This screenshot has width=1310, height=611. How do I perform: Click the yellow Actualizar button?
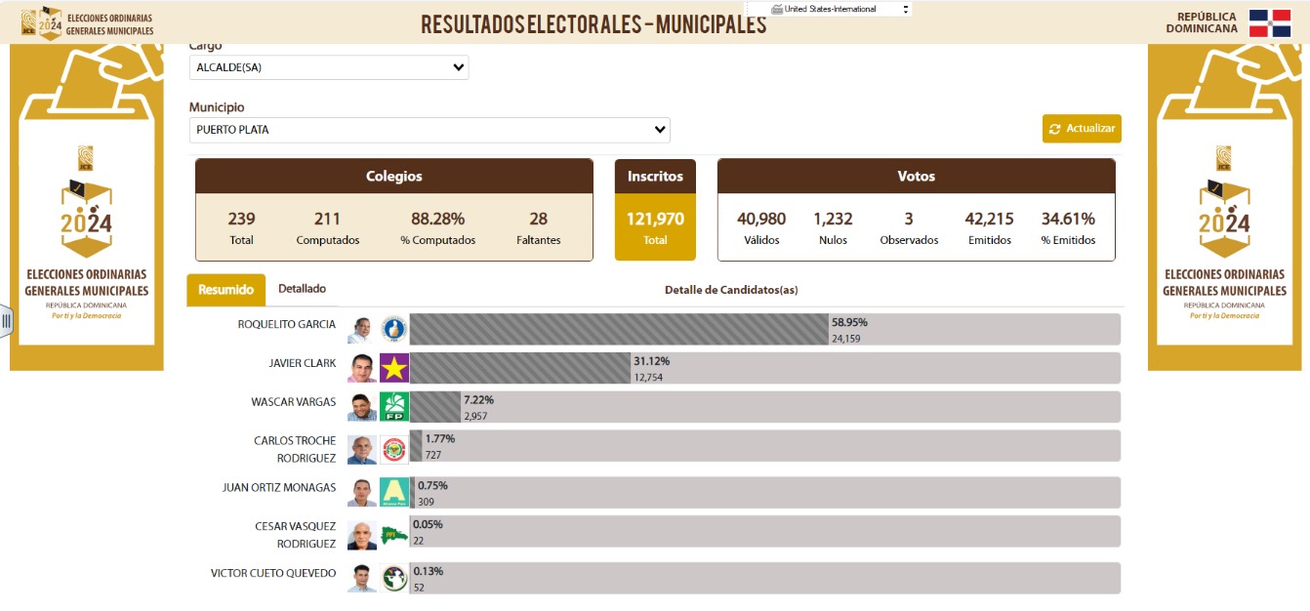tap(1082, 129)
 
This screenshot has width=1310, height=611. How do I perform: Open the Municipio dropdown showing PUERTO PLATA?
tap(430, 130)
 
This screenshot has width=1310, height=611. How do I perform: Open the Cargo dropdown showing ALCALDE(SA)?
tap(329, 67)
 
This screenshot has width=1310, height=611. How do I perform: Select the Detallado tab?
tap(302, 289)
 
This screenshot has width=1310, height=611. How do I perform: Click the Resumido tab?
tap(225, 290)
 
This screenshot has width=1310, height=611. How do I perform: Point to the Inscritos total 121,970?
tap(655, 220)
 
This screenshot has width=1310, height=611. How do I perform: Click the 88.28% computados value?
tap(437, 220)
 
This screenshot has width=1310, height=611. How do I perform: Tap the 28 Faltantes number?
tap(538, 220)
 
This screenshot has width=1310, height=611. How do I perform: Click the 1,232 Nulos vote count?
tap(833, 220)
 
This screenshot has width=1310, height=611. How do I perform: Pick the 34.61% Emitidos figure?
tap(1068, 220)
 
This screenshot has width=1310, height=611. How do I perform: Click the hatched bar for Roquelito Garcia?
tap(618, 329)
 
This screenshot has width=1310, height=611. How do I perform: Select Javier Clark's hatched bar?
tap(519, 368)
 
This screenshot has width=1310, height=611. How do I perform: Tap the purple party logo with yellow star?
tap(394, 368)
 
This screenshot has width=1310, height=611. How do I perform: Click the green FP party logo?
tap(394, 406)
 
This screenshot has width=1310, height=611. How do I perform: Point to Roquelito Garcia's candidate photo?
tap(361, 330)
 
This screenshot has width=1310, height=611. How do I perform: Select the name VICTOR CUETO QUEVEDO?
tap(273, 574)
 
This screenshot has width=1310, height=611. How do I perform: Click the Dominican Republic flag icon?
tap(1270, 23)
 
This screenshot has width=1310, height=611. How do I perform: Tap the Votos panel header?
tap(916, 177)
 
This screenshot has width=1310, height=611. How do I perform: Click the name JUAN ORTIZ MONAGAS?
tap(279, 488)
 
